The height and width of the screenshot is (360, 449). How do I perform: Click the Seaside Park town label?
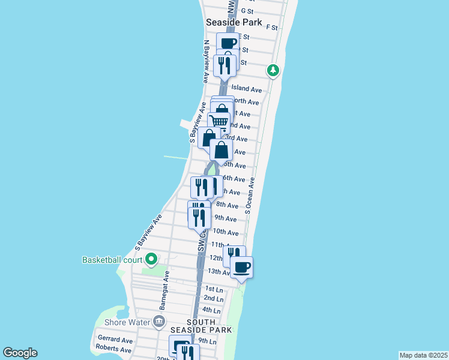click(234, 22)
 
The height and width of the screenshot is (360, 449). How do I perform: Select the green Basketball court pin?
click(151, 259)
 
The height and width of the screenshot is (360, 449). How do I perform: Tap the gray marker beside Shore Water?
click(158, 321)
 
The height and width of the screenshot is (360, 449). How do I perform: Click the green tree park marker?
click(273, 71)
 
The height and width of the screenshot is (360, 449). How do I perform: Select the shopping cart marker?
click(219, 122)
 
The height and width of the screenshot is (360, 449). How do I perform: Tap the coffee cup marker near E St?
click(228, 43)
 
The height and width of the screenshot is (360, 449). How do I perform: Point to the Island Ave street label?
click(247, 89)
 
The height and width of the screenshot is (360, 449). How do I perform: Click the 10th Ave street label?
click(226, 232)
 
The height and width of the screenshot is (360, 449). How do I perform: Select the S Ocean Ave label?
click(250, 196)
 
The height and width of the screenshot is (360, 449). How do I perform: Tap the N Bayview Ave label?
click(206, 61)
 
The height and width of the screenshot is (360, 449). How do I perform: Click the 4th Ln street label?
click(212, 310)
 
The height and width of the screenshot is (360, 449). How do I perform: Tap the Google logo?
click(20, 353)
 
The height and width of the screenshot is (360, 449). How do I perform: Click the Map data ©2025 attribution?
click(424, 355)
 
